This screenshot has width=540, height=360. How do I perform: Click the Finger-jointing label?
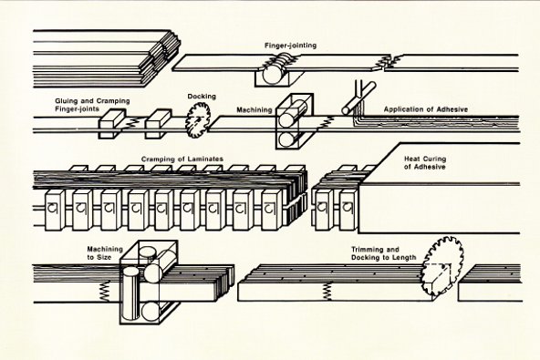290,46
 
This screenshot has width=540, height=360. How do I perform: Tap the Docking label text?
202,97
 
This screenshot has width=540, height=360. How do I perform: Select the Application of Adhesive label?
426,109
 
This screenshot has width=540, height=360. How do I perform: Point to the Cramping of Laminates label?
182,159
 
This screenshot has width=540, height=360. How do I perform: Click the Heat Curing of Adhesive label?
425,163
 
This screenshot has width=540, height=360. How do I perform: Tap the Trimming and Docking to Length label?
384,253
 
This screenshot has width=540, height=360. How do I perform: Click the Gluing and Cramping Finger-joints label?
92,105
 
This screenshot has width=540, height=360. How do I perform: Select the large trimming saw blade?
442,266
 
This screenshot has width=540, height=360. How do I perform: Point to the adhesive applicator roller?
358,98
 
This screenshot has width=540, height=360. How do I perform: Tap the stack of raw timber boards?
107,58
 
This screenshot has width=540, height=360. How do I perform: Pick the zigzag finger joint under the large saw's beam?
327,292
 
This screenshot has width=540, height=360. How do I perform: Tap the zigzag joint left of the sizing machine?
104,292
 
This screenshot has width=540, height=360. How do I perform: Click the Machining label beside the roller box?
254,109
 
